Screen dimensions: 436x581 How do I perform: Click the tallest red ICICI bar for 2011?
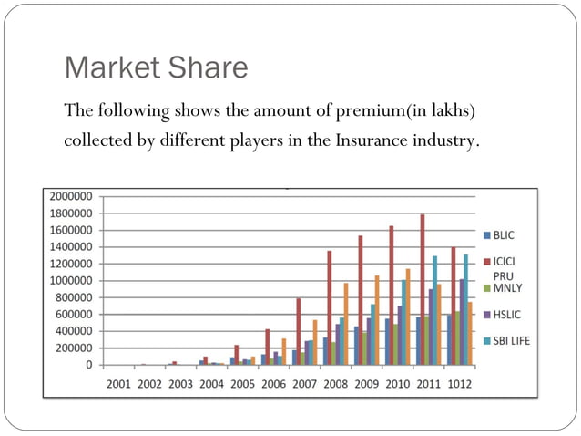pos(423,290)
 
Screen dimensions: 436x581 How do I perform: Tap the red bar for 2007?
pos(298,332)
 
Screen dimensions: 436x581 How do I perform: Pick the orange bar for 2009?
pos(376,320)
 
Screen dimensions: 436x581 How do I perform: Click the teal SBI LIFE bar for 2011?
pos(434,311)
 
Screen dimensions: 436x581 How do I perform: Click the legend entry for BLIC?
pos(504,234)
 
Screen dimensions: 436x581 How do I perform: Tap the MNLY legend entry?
pos(505,287)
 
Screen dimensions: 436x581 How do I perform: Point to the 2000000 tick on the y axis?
pos(71,196)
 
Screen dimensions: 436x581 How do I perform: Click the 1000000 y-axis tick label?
pos(71,281)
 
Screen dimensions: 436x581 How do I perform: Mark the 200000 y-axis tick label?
pos(74,348)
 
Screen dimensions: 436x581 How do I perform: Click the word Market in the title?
pos(110,67)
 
